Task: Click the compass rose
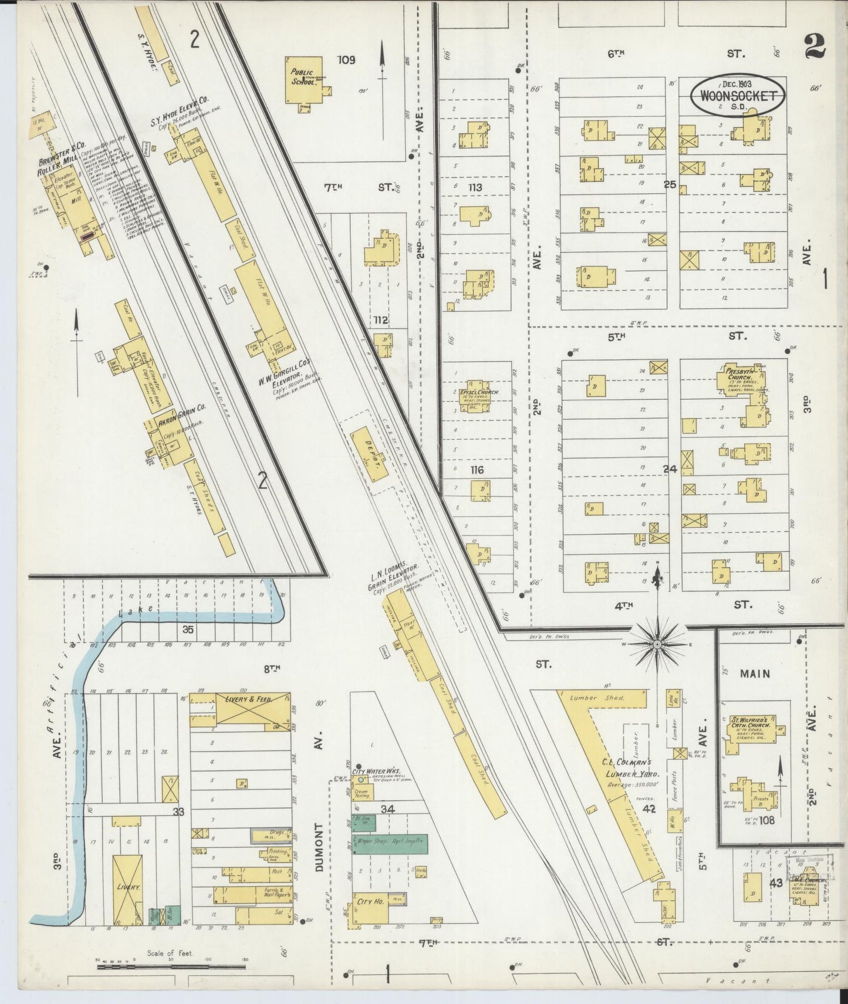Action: [658, 644]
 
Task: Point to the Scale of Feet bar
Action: [170, 965]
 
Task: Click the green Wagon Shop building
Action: [389, 844]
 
